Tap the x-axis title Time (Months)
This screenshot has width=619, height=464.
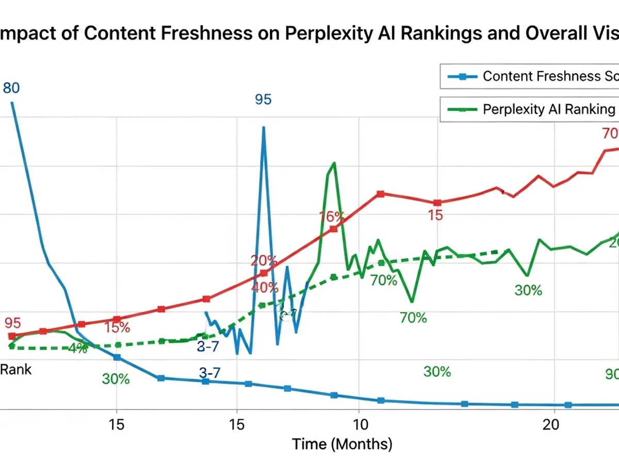coord(342,443)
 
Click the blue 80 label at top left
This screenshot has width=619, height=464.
coord(11,88)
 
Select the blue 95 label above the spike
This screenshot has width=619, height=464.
coord(263,100)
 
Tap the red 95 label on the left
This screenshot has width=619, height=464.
coord(12,323)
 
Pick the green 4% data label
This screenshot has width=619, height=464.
coord(77,348)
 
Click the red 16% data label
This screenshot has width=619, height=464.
coord(331,217)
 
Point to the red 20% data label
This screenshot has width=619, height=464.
coord(264,260)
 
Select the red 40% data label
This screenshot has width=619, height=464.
coord(265,287)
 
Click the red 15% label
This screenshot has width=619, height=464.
coord(117,327)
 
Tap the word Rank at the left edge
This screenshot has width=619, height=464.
coord(15,369)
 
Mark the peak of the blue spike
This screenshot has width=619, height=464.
coord(264,127)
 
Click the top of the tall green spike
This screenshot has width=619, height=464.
coord(334,163)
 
